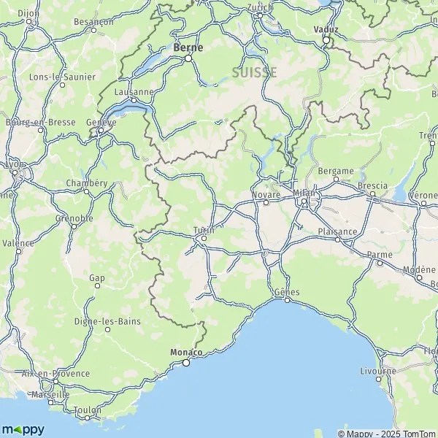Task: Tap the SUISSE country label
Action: [x=254, y=72]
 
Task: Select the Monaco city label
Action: [x=185, y=352]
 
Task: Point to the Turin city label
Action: [x=204, y=229]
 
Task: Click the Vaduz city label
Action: [x=326, y=29]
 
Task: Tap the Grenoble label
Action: [x=74, y=218]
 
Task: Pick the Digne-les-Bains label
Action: [x=107, y=320]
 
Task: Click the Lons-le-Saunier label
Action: [x=57, y=77]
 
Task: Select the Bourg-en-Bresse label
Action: [x=40, y=122]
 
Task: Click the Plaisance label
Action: [x=338, y=231]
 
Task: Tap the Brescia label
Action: [x=372, y=186]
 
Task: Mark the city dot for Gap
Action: [x=97, y=285]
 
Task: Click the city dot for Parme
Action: [x=380, y=263]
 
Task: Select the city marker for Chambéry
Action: [x=86, y=191]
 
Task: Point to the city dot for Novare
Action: [x=266, y=203]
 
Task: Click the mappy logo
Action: [x=23, y=429]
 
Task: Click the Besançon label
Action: [x=93, y=22]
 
